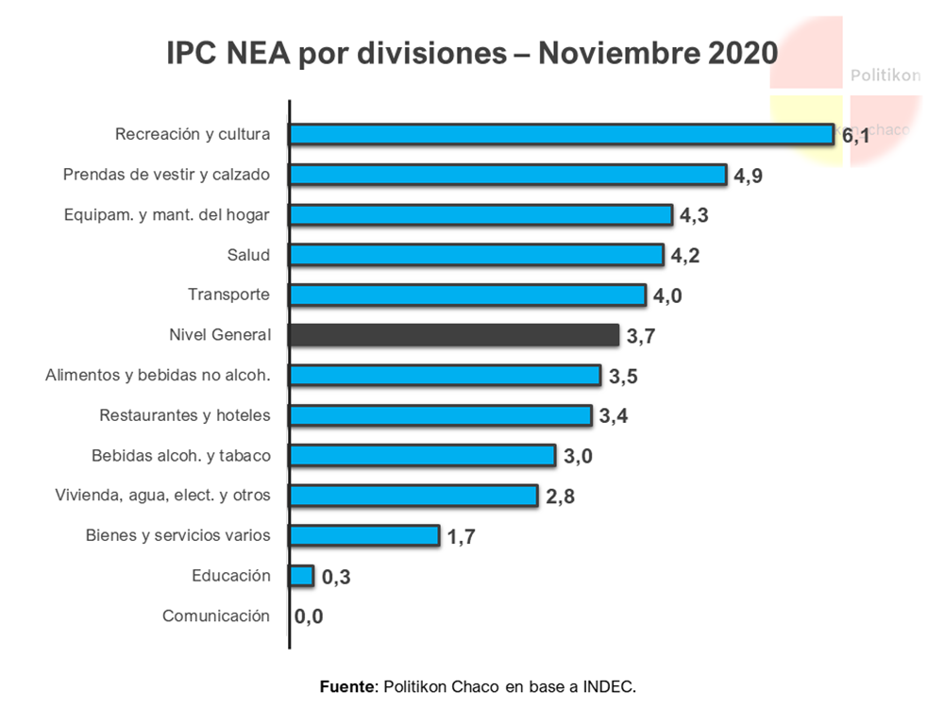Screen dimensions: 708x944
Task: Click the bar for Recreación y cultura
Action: [561, 134]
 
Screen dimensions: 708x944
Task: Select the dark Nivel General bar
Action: [454, 335]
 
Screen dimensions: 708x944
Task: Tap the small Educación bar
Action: [301, 576]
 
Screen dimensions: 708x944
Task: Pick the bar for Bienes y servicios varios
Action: [364, 535]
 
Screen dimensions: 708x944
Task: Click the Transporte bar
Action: [467, 295]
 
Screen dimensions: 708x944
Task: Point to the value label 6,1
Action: [855, 136]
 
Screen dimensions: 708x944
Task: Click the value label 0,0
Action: [309, 617]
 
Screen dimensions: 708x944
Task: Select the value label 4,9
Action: [748, 177]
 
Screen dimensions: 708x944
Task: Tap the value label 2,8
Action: [561, 497]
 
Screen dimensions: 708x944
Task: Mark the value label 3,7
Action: [640, 337]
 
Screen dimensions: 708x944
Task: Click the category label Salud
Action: [248, 255]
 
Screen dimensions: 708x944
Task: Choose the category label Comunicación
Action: [216, 615]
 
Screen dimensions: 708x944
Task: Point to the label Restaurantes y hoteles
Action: [185, 415]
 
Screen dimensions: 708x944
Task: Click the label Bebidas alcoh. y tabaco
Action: [181, 455]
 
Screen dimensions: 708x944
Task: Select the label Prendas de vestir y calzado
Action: [166, 175]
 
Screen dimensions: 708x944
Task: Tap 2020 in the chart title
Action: [742, 53]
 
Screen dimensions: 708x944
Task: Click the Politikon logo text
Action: [885, 76]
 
